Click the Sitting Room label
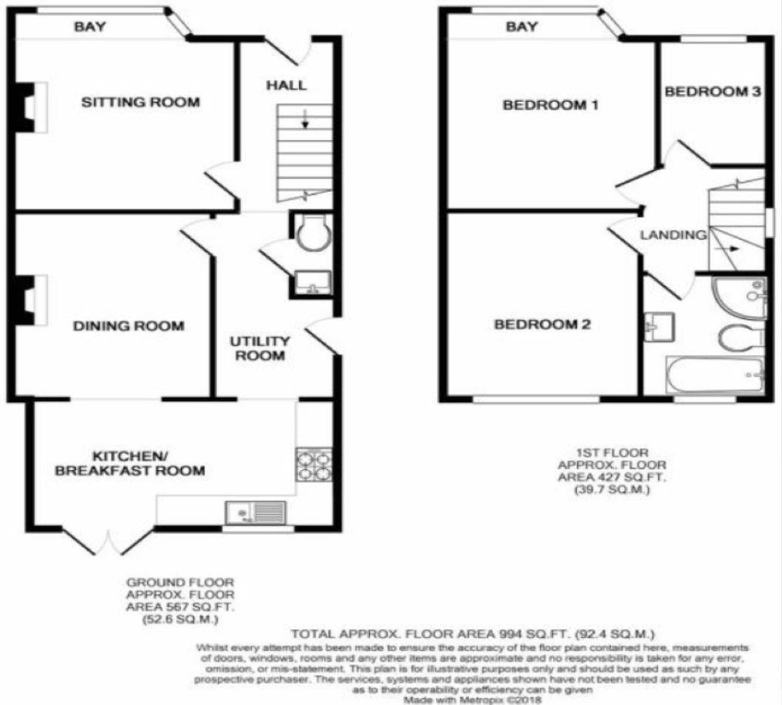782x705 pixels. (141, 102)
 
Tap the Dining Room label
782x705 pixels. (129, 326)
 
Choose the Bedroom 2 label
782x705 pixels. (542, 324)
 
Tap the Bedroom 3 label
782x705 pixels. (713, 92)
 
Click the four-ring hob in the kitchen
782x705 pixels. (314, 464)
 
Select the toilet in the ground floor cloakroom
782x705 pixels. (313, 233)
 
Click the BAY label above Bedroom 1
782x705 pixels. (522, 27)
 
